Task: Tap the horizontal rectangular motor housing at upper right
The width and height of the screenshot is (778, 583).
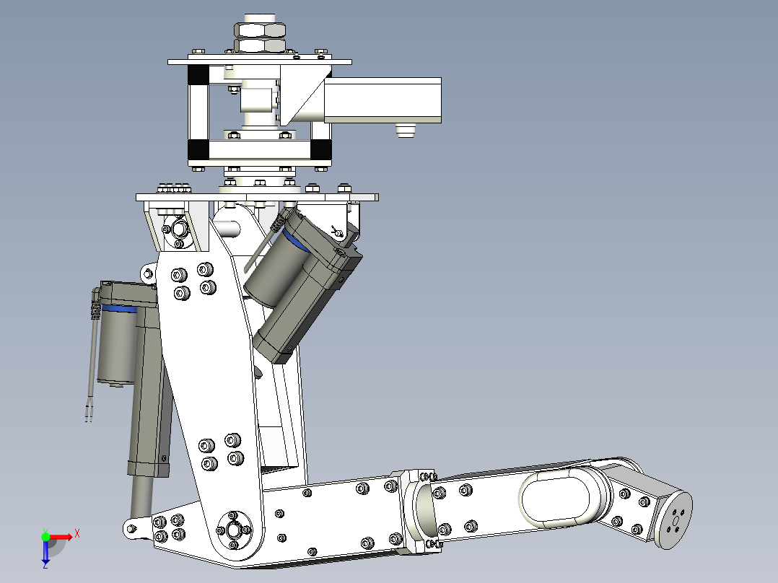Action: pyautogui.click(x=383, y=100)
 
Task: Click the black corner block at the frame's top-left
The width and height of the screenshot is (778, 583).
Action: pyautogui.click(x=197, y=74)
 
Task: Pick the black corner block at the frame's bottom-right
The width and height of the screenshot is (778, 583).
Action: pyautogui.click(x=320, y=149)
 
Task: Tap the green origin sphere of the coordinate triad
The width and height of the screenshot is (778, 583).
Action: pyautogui.click(x=45, y=536)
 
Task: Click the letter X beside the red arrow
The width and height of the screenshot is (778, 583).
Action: pyautogui.click(x=77, y=533)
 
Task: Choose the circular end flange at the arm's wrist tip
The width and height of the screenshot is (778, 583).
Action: pyautogui.click(x=676, y=519)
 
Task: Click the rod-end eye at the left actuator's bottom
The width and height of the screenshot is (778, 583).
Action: pyautogui.click(x=133, y=529)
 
